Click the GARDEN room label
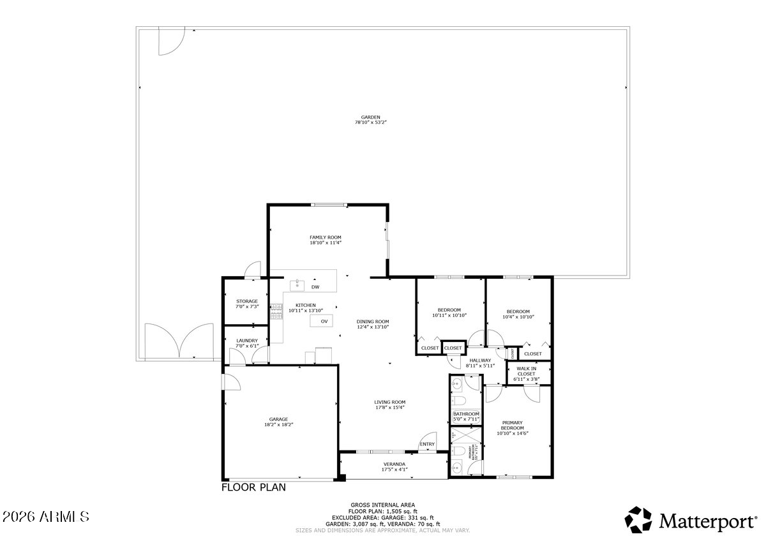(x=370, y=117)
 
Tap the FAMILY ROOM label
(x=326, y=237)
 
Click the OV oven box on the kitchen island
(x=324, y=321)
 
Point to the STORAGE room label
(x=247, y=301)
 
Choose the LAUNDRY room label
(x=247, y=341)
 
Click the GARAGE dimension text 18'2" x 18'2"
(x=278, y=425)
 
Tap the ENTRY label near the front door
(x=427, y=444)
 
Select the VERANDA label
(x=394, y=464)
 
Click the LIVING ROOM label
(x=389, y=402)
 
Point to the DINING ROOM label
(x=373, y=322)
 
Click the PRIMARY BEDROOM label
(x=513, y=425)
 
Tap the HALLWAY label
(x=480, y=360)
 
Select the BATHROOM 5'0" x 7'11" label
(x=466, y=414)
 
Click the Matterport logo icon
(x=638, y=520)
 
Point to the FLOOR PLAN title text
(x=253, y=487)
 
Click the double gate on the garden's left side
(x=179, y=342)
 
